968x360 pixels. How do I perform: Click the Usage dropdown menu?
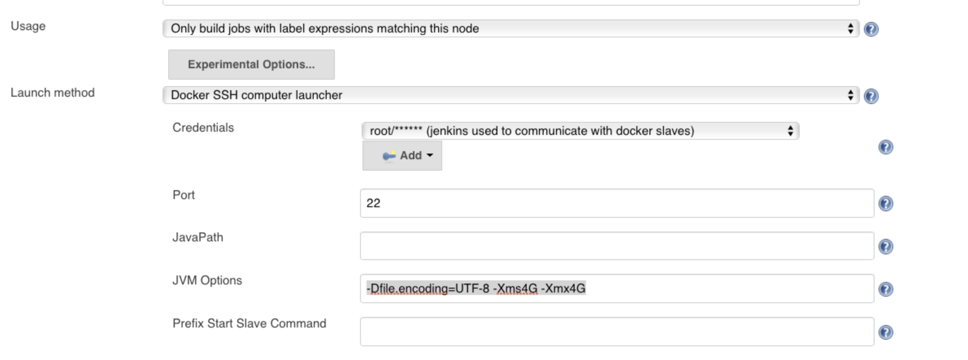click(510, 28)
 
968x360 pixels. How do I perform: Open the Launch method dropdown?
click(510, 95)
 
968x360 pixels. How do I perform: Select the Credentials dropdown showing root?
click(580, 131)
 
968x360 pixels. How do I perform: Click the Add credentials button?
click(402, 156)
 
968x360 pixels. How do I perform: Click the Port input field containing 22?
click(616, 203)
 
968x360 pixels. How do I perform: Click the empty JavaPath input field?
click(616, 246)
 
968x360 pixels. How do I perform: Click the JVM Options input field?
click(616, 288)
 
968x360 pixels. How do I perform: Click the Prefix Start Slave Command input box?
click(616, 332)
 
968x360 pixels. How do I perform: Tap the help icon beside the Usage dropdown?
click(871, 29)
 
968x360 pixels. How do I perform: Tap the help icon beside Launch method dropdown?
click(871, 96)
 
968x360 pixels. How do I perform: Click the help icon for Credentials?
click(886, 147)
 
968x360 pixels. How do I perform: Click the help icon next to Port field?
click(886, 204)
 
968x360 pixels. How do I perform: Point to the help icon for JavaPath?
click(886, 247)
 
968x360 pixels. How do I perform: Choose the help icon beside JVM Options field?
click(886, 289)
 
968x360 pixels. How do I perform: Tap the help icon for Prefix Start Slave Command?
click(886, 332)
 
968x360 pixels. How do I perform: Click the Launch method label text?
click(52, 93)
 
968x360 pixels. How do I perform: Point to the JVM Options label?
click(207, 280)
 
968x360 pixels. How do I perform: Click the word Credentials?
click(203, 128)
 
